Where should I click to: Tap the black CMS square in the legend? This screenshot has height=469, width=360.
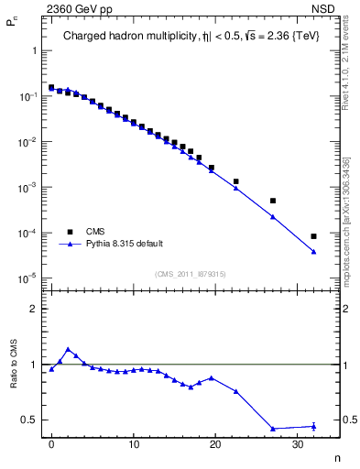point(68,232)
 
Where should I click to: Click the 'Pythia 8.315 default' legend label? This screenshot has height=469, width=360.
point(122,245)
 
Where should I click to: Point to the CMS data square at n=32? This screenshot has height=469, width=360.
point(313,236)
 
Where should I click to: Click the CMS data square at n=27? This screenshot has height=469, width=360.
point(273,201)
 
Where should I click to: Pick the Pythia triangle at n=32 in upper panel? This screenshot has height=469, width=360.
point(313,252)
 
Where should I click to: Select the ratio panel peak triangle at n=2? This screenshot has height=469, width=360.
point(68,349)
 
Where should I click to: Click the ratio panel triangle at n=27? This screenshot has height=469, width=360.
point(273,429)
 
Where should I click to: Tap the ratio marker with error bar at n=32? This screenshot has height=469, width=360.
point(313,426)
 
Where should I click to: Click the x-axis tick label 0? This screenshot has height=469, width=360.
point(51,444)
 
